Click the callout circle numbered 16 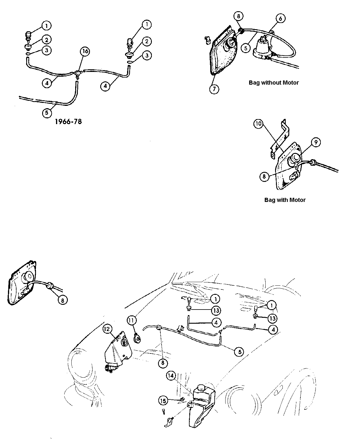click(x=85, y=51)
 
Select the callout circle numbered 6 click(x=280, y=19)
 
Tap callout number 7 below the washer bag click(x=214, y=89)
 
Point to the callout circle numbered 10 click(x=259, y=124)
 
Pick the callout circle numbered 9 click(x=315, y=142)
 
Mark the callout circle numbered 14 click(x=171, y=376)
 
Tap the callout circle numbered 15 click(x=164, y=401)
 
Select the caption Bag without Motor click(x=274, y=83)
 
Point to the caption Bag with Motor click(x=285, y=200)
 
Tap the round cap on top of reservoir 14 click(x=201, y=388)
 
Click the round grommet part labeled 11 click(x=137, y=339)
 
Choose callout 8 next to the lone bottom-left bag click(x=63, y=300)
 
